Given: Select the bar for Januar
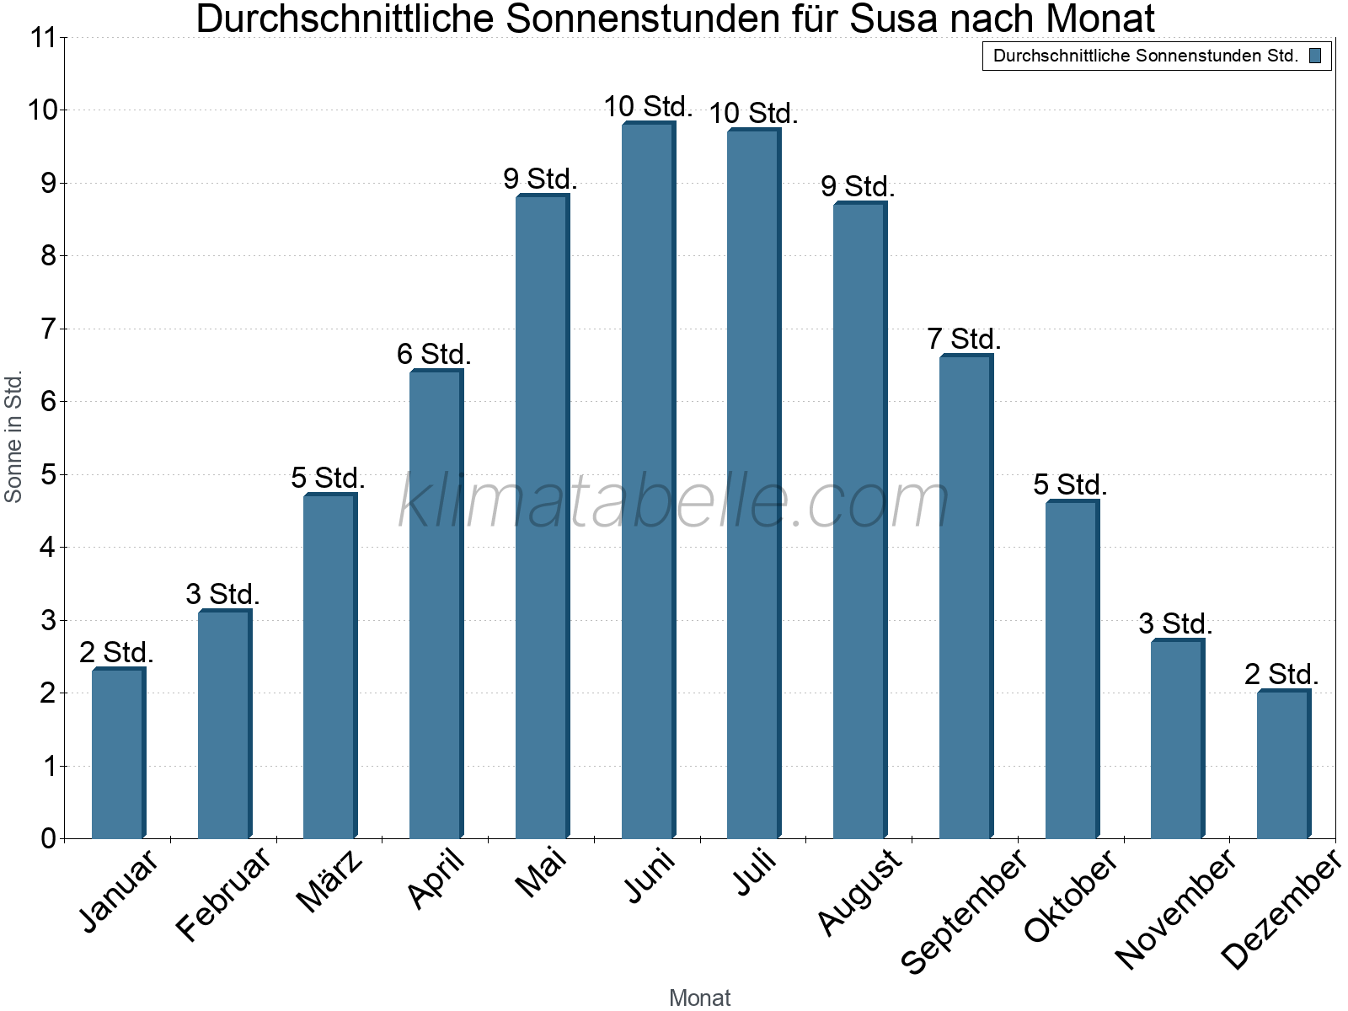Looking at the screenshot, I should click(118, 753).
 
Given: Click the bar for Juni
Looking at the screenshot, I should click(648, 480).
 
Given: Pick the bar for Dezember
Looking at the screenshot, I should click(1283, 765).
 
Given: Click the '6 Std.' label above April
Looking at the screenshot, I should click(434, 355).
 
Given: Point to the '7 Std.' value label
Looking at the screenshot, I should click(964, 340).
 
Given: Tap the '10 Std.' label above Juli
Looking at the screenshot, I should click(753, 113).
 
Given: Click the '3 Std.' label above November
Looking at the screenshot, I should click(1175, 624).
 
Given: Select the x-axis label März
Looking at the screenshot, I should click(330, 881).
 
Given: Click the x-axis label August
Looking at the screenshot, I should click(860, 891).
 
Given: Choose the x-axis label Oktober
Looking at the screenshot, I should click(1071, 896).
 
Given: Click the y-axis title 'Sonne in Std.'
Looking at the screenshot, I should click(13, 436).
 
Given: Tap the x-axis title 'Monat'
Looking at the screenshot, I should click(699, 998).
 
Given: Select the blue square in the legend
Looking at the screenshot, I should click(1315, 56).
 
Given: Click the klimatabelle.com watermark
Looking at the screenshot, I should click(674, 502).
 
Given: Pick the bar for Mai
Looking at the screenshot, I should click(542, 517).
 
